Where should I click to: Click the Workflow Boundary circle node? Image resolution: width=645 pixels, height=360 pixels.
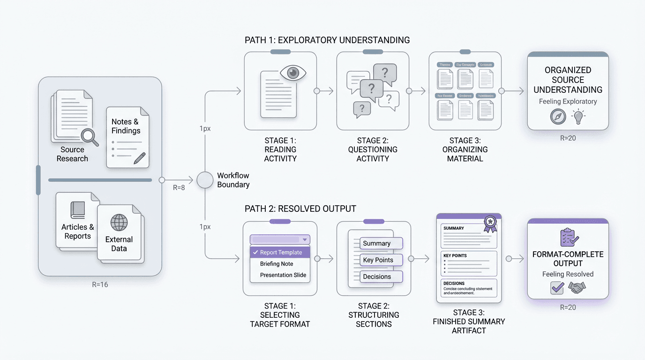(205, 180)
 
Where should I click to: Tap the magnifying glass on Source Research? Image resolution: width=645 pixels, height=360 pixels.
(89, 136)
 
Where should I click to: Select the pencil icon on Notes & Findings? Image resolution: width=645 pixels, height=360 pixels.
(139, 158)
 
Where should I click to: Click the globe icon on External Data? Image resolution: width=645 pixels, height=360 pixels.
(119, 222)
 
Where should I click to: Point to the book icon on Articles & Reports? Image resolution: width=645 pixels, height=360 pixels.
(78, 210)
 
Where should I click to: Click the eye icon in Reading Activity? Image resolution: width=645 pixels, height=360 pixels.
(293, 73)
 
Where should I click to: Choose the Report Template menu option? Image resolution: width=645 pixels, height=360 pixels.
(280, 252)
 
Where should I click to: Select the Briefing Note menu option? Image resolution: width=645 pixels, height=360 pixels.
(277, 264)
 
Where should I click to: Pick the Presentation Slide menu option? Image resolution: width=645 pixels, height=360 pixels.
(283, 275)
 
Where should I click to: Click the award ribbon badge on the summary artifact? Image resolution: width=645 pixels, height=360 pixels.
(490, 223)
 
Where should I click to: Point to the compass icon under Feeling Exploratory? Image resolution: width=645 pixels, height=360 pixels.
(558, 116)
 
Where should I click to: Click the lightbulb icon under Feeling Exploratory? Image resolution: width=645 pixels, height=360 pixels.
(579, 116)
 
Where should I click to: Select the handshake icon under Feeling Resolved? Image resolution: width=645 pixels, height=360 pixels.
(577, 287)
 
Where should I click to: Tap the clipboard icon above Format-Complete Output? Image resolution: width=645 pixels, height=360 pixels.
(568, 238)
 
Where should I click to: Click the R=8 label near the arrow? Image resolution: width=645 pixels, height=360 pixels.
(179, 188)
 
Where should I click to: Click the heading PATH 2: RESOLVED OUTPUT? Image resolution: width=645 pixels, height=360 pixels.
(300, 209)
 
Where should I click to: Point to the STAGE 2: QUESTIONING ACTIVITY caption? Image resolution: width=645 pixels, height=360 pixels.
(373, 150)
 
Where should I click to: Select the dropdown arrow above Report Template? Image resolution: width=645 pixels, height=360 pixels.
(305, 240)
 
